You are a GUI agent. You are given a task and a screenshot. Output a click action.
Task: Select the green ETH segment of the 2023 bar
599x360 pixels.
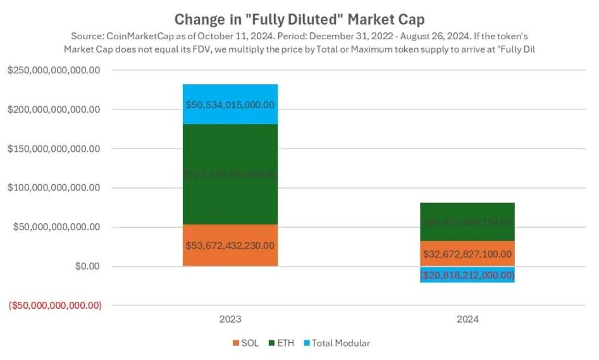230,152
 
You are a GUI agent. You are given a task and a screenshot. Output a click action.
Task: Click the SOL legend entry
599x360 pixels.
246,343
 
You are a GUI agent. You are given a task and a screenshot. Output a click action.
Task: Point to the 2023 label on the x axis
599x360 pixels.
230,320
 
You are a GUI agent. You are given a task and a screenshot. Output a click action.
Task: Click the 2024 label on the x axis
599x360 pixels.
468,320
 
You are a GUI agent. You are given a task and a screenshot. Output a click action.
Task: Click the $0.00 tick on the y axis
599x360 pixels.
87,266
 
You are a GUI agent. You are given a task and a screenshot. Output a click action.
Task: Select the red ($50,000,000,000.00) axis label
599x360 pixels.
54,306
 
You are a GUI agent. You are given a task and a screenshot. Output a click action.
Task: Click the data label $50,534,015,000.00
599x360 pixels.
230,104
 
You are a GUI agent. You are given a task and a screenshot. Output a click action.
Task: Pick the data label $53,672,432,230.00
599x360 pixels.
230,245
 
